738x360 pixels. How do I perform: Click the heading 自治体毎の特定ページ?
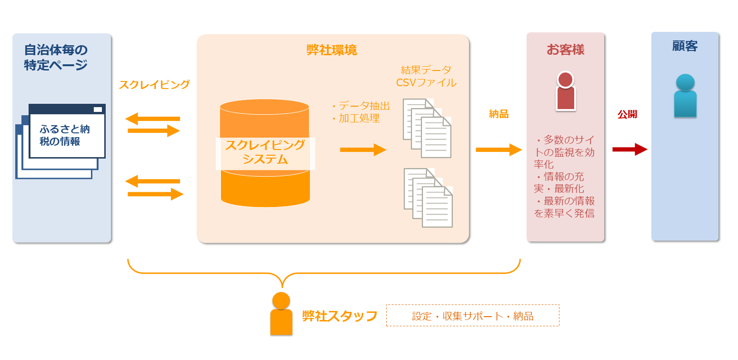(x=56, y=57)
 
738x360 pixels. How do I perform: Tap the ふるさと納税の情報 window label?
(x=65, y=135)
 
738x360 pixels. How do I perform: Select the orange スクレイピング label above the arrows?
(x=154, y=85)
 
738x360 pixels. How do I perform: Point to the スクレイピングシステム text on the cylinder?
(x=265, y=152)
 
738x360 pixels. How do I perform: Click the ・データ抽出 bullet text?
(x=360, y=106)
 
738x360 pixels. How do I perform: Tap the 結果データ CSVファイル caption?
(x=426, y=76)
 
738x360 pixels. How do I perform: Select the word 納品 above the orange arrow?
(x=499, y=114)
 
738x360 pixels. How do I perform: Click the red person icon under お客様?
(x=565, y=91)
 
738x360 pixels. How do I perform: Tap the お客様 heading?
(x=565, y=50)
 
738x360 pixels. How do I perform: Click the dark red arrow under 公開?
(x=629, y=150)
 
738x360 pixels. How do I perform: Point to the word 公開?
(x=627, y=114)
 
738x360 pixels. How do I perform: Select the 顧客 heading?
(x=685, y=46)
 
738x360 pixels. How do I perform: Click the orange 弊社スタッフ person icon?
(x=281, y=314)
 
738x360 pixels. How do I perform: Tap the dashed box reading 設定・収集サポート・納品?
(x=472, y=316)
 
